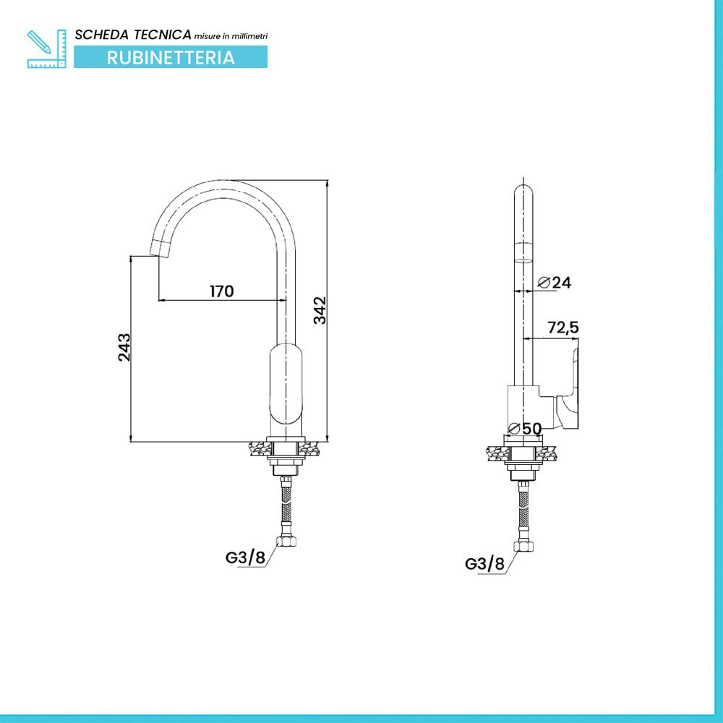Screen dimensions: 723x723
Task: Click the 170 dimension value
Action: pos(222,291)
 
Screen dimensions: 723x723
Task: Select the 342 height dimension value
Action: pos(320,310)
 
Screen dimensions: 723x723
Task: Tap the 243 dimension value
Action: pos(124,347)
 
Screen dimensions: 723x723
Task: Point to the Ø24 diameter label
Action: pos(555,282)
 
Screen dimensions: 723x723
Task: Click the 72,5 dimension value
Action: pos(563,328)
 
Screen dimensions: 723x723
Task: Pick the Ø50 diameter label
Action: pos(525,429)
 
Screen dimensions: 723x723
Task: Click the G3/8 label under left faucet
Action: pos(245,557)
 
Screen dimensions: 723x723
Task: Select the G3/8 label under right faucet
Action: pos(484,563)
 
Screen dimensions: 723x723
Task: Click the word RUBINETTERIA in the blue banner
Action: pos(171,58)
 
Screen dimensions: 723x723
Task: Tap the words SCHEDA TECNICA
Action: pos(133,35)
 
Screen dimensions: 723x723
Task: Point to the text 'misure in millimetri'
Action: pos(231,36)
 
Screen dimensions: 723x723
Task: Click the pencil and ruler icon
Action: pos(46,49)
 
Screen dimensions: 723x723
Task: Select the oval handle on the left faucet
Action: pos(286,384)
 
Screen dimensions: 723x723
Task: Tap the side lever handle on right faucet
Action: pos(567,390)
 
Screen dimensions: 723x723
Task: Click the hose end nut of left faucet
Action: pos(286,540)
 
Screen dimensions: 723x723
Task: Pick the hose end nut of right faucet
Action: pos(523,546)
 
